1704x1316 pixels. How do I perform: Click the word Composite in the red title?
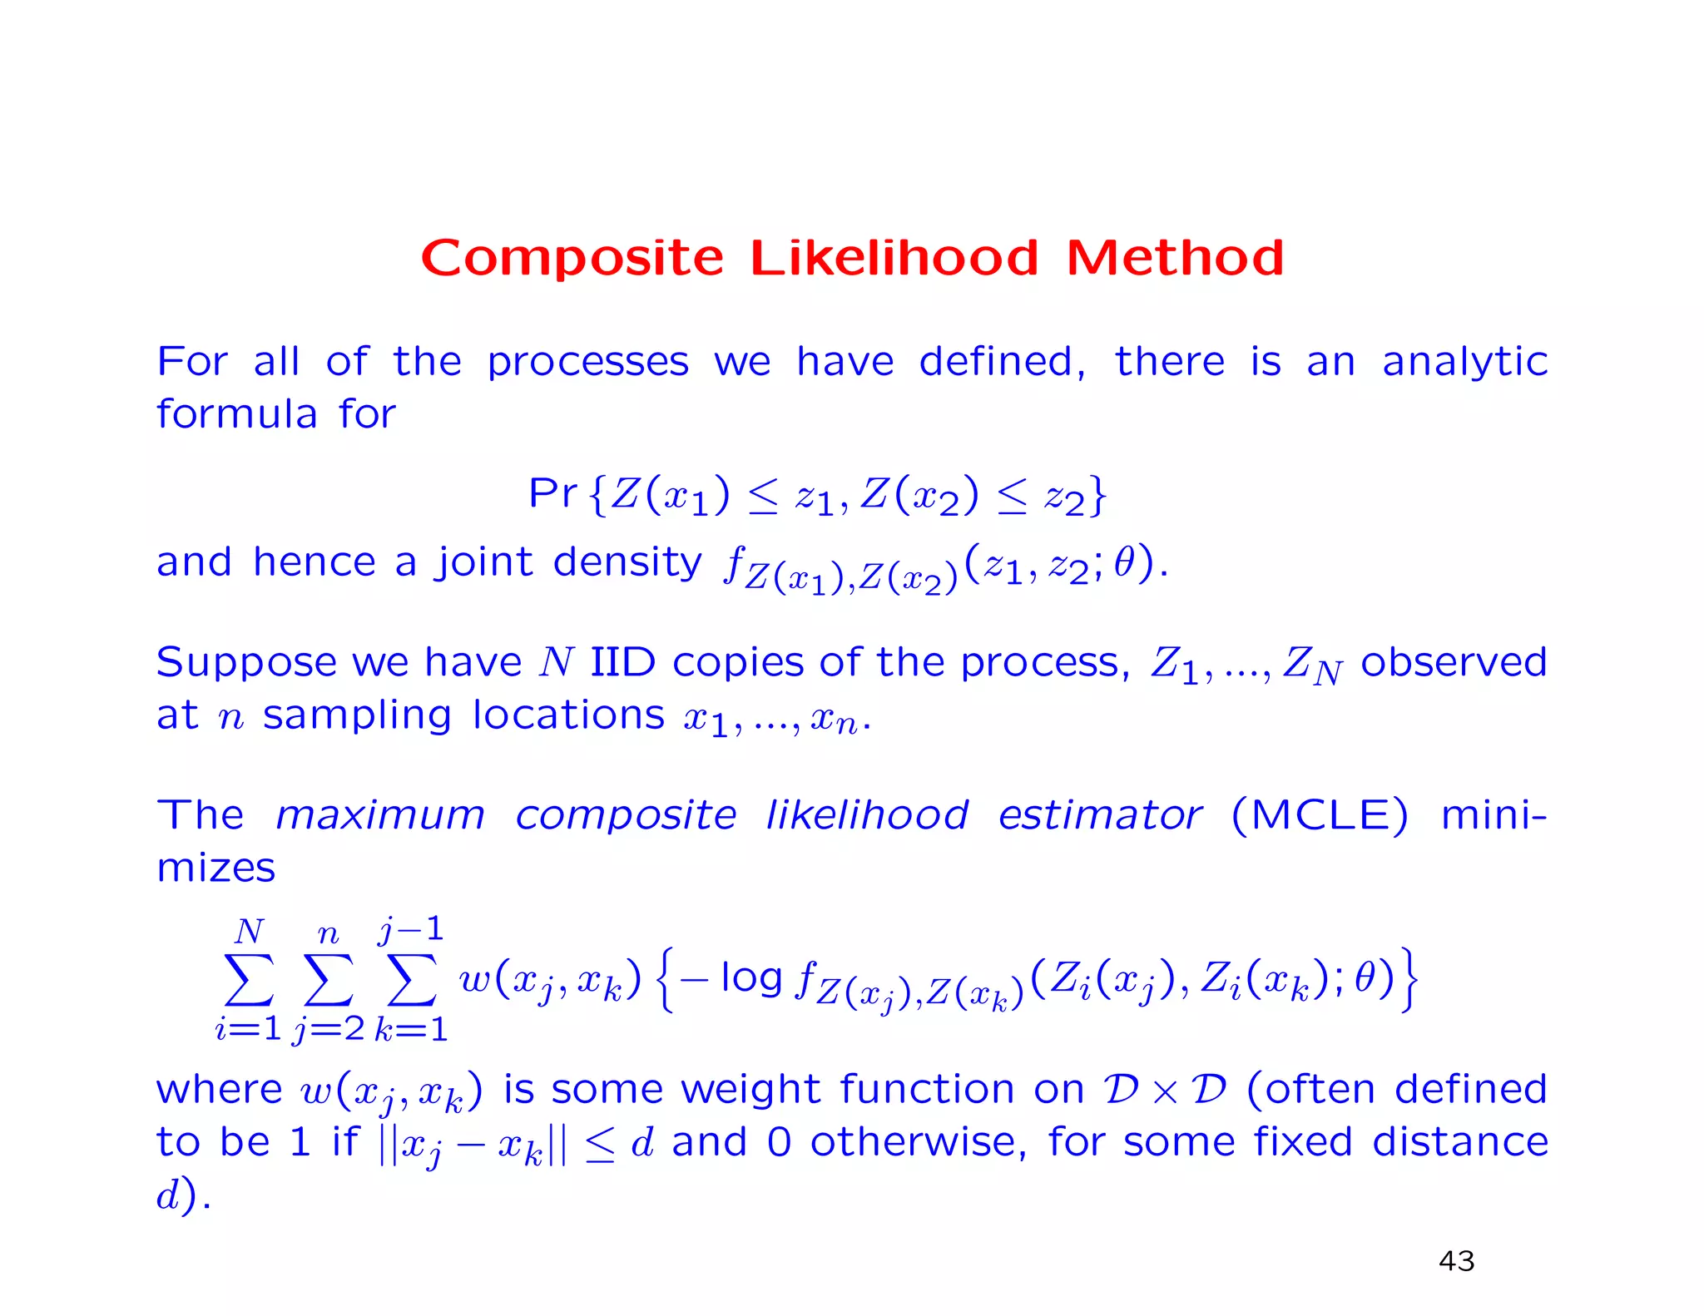coord(572,258)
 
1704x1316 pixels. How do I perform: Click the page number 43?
coord(1456,1261)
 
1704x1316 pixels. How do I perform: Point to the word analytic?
coord(1464,363)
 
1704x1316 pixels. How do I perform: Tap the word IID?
coord(622,663)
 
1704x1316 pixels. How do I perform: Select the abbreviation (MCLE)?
coord(1320,815)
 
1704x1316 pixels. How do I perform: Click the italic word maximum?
coord(380,815)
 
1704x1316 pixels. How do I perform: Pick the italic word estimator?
coord(1099,815)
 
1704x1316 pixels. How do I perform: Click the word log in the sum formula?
coord(751,977)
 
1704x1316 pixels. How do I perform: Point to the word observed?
coord(1454,663)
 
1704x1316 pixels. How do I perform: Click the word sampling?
coord(357,716)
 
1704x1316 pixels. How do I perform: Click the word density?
coord(627,562)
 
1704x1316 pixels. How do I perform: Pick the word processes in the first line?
coord(587,363)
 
